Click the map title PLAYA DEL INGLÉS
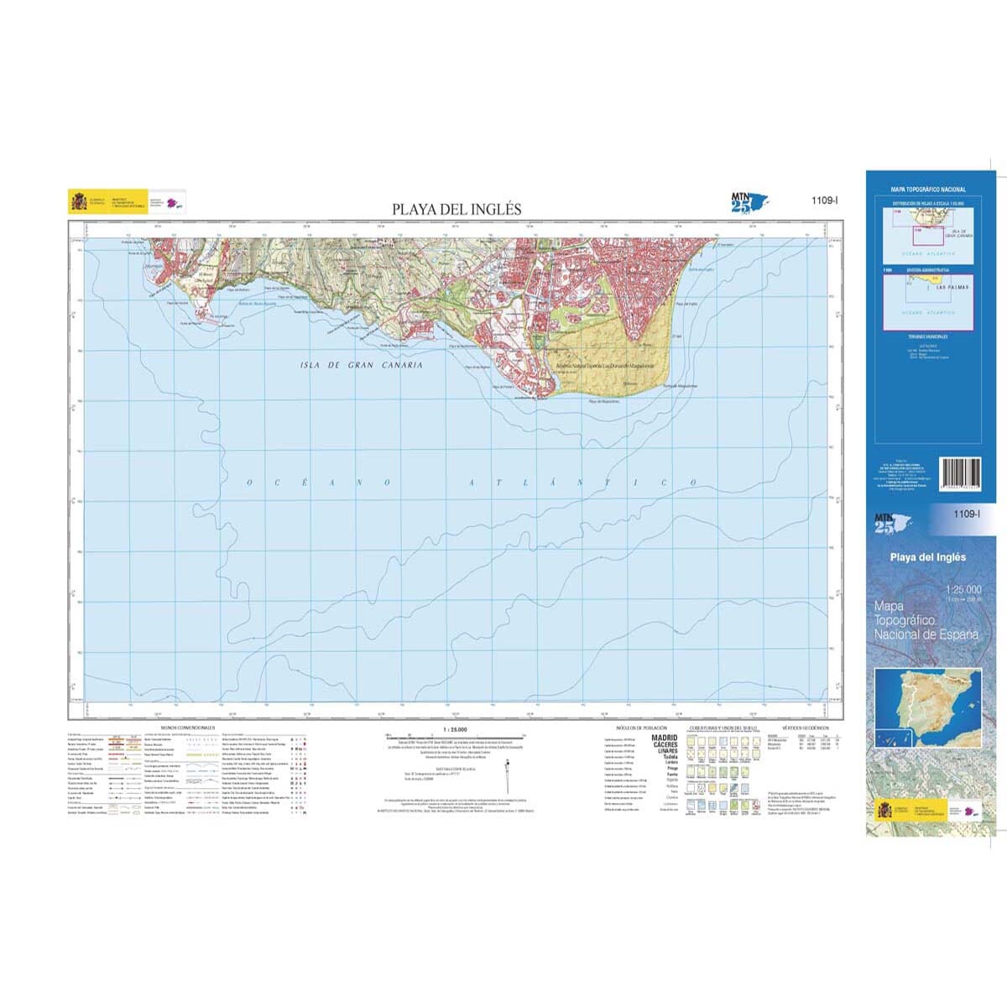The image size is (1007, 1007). coord(457,209)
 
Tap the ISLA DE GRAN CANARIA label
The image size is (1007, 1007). coord(362,365)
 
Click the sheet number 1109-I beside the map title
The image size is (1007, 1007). coord(825,201)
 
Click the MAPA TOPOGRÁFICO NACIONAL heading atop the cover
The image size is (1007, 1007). coord(928,190)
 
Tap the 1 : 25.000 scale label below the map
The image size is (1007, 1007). coord(454,730)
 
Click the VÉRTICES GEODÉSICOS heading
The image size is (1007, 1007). coord(805,728)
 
